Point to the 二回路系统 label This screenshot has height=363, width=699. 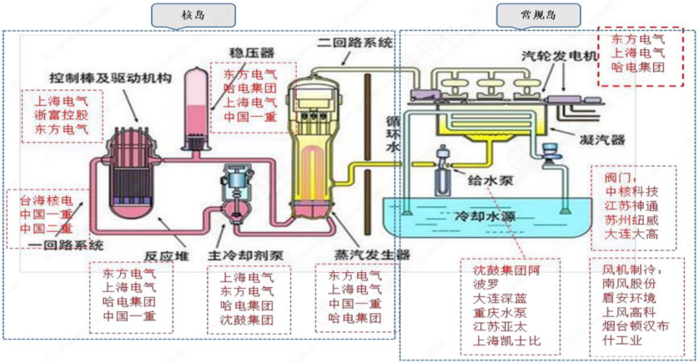[x=356, y=42]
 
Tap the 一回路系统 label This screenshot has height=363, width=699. [x=64, y=245]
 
